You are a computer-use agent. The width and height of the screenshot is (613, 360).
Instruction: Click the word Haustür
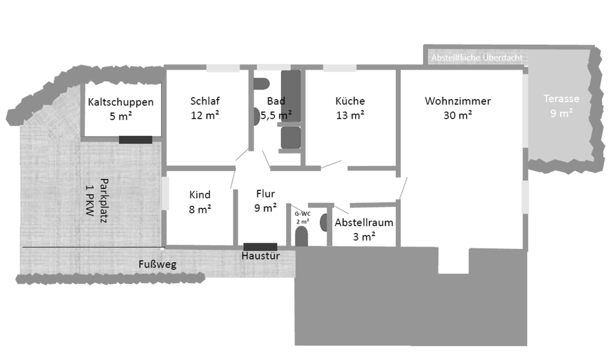pyautogui.click(x=260, y=256)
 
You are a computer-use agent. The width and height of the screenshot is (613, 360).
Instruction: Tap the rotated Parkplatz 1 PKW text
pyautogui.click(x=94, y=197)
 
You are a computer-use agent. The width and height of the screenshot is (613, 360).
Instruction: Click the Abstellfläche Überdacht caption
pyautogui.click(x=477, y=57)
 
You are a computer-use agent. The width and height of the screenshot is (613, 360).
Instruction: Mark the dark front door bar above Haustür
pyautogui.click(x=260, y=246)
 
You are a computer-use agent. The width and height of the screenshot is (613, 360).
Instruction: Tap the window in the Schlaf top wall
pyautogui.click(x=222, y=68)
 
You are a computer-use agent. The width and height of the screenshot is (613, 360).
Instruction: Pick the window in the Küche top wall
pyautogui.click(x=339, y=68)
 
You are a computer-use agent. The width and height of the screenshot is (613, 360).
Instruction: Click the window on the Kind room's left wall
pyautogui.click(x=165, y=192)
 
